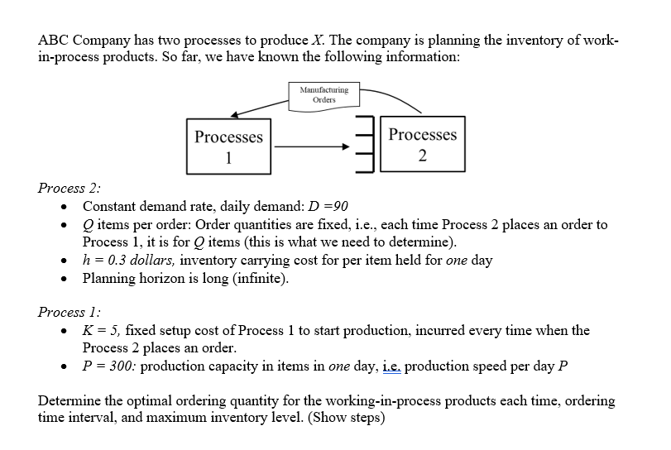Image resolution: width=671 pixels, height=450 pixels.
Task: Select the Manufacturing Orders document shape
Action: (x=324, y=97)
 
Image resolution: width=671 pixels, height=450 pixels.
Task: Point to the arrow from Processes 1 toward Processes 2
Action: (x=312, y=146)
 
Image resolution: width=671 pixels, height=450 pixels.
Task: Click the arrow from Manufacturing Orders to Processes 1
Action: (x=259, y=108)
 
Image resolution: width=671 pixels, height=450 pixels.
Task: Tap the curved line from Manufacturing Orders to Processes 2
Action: (x=393, y=97)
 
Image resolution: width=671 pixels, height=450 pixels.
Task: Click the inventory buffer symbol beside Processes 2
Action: (x=365, y=144)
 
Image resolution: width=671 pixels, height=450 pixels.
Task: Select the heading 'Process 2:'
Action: (x=69, y=188)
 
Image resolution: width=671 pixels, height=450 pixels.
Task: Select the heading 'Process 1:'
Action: (x=69, y=312)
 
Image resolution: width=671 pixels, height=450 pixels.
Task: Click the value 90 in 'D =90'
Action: (x=341, y=206)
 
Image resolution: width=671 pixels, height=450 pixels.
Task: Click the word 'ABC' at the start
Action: (x=53, y=40)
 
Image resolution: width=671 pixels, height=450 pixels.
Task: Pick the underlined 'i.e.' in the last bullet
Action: (x=391, y=366)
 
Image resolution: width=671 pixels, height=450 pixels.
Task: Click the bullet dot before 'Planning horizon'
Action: (x=64, y=279)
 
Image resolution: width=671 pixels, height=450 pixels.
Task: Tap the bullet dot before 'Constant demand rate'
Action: (x=64, y=207)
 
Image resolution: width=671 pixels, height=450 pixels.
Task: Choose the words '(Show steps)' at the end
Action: (x=346, y=417)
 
